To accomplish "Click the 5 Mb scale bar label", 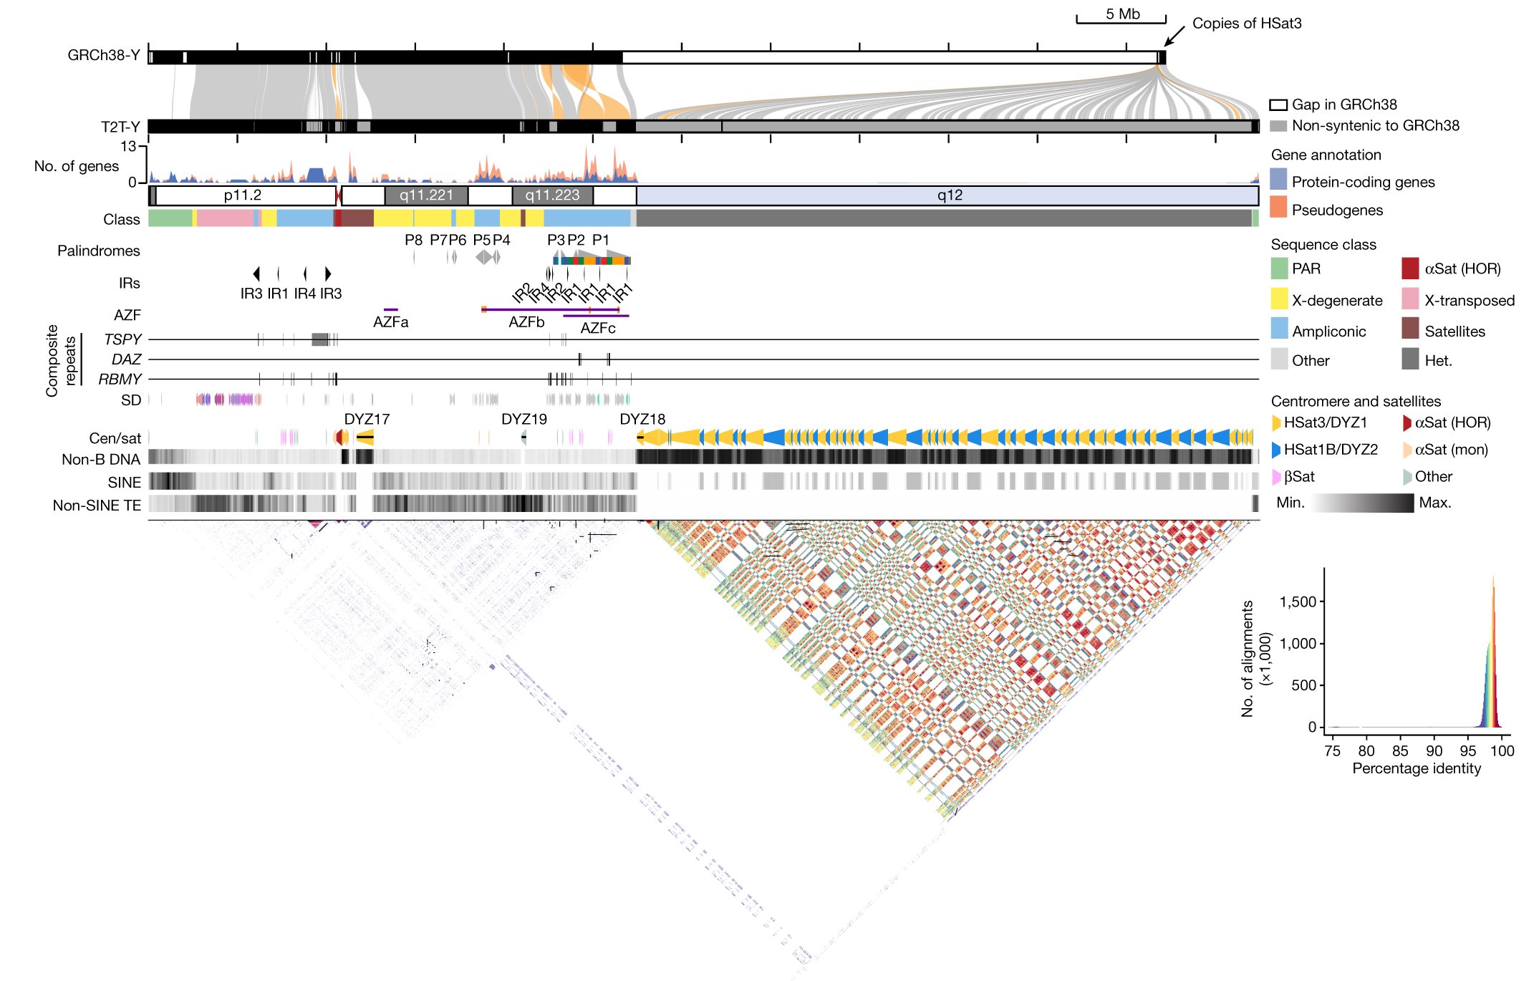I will point(1122,14).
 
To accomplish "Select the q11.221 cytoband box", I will point(426,195).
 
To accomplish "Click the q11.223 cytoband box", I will point(552,195).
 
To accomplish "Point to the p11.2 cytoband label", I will point(242,195).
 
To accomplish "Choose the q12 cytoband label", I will point(950,195).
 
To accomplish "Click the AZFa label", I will point(390,322).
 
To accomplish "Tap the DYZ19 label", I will point(524,419).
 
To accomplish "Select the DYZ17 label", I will point(367,419).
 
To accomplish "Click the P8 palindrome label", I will point(413,240).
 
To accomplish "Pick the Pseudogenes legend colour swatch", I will point(1278,208).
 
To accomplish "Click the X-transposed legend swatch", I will point(1410,299).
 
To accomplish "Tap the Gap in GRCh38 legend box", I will point(1278,105).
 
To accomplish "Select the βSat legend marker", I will point(1276,476).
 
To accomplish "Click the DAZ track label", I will point(126,359).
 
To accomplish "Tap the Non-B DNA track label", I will point(100,459).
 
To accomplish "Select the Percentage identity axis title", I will point(1416,768).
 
